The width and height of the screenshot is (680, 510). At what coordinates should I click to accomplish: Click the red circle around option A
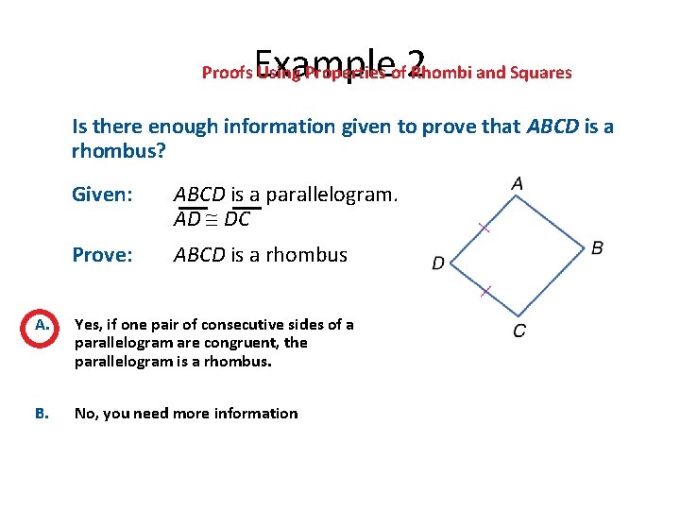tap(42, 327)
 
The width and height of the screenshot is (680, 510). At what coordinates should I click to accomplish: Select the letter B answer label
tap(42, 413)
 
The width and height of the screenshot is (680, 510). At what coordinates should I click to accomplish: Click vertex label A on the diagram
tap(517, 183)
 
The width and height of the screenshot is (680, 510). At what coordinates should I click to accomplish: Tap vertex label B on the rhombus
tap(597, 248)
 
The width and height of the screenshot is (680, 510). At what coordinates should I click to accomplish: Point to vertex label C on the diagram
tap(519, 331)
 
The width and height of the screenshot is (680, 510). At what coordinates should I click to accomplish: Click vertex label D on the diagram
tap(438, 263)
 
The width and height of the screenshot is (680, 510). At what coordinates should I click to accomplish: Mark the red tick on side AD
tap(484, 228)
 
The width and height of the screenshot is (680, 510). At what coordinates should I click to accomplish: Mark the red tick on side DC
tap(484, 292)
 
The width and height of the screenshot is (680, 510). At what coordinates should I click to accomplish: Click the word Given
tap(100, 195)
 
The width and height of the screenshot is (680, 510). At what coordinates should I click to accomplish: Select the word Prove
tap(100, 255)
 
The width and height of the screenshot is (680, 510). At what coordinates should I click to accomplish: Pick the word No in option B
tap(84, 413)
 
